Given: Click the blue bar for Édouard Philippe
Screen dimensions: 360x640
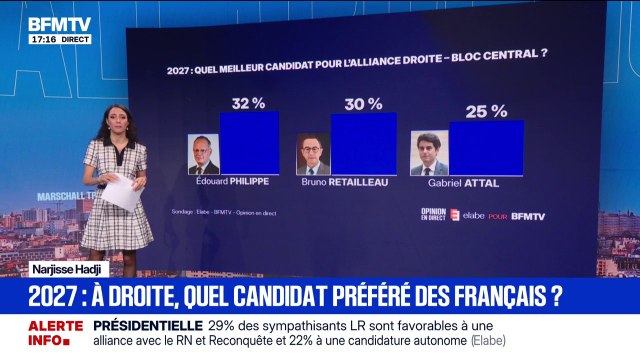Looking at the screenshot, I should (x=249, y=143).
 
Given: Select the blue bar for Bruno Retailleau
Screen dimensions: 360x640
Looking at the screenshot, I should (x=363, y=145).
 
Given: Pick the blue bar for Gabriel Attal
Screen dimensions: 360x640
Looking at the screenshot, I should (x=485, y=148).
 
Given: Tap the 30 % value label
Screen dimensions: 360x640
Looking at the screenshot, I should (x=363, y=103).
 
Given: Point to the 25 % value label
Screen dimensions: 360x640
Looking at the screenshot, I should (x=485, y=111).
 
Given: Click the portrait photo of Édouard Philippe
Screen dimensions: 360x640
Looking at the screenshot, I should (x=204, y=155).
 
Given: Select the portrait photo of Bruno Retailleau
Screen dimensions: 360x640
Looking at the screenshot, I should (x=313, y=155).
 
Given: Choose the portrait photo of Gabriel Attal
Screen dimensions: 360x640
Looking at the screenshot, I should (x=429, y=155).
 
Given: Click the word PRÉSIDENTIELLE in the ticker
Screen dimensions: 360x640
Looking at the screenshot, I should (x=147, y=325).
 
